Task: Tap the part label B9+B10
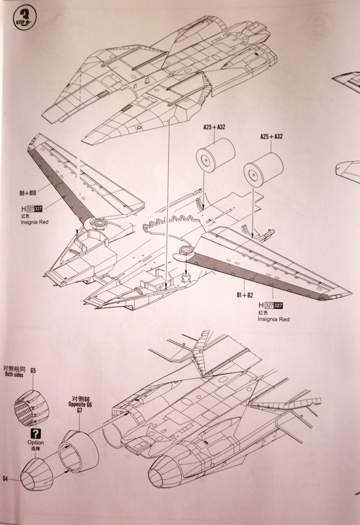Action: tap(28, 194)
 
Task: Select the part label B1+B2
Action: tap(246, 295)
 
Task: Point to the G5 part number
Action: tap(33, 370)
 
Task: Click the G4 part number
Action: tap(5, 478)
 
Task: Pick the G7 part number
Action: tap(79, 411)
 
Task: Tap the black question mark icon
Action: tap(35, 433)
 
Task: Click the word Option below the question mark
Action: tap(35, 442)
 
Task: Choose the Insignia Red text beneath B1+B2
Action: tap(273, 319)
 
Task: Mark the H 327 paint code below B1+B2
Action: tap(271, 306)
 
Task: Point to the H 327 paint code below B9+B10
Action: tap(32, 209)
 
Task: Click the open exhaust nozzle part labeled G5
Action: tap(32, 408)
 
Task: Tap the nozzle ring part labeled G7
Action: tap(79, 451)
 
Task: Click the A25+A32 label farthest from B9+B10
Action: tap(271, 136)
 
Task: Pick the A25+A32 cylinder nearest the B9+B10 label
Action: tap(215, 155)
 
